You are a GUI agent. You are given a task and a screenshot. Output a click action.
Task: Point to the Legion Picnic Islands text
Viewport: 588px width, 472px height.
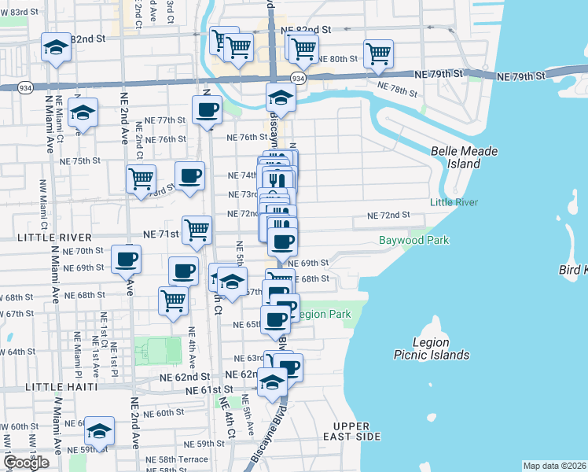coord(432,348)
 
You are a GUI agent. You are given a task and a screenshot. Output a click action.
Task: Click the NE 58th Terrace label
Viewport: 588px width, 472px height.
coord(182,458)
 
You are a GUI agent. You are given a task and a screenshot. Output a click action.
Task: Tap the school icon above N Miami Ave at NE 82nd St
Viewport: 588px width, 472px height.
coord(57,49)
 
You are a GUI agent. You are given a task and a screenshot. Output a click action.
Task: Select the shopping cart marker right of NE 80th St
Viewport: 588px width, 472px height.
coord(378,53)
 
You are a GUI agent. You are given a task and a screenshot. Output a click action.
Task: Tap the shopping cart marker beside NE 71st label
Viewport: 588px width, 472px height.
coord(197,230)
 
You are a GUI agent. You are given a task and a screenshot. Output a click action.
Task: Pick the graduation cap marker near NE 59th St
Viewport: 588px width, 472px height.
coord(100,431)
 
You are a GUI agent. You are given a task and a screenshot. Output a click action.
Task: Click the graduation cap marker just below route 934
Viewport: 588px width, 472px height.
coord(279,98)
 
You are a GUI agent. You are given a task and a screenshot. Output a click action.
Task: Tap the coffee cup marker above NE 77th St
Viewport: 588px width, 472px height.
coord(207,109)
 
